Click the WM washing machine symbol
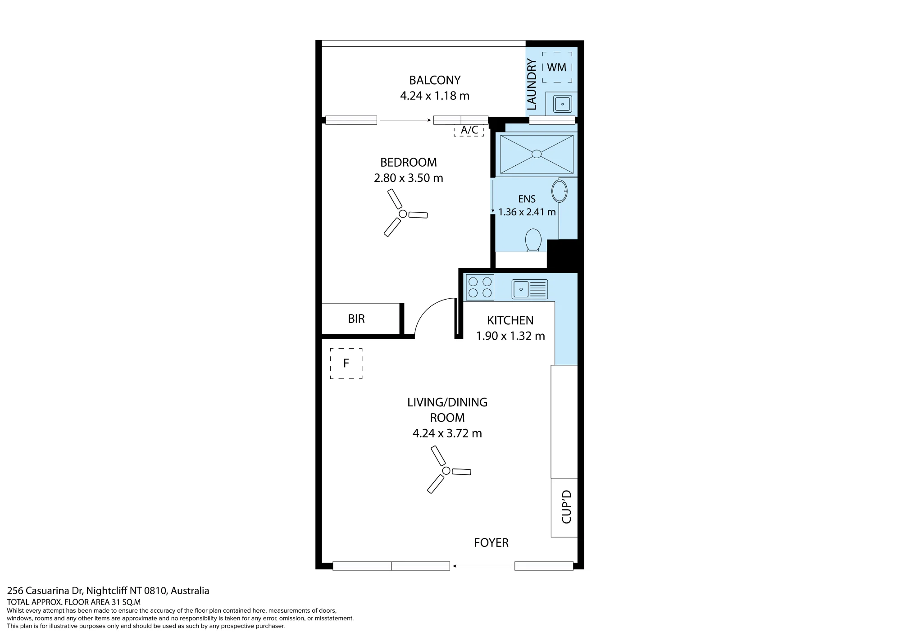557,67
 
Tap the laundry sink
562,104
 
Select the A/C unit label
469,130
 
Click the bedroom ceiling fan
403,213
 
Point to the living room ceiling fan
446,470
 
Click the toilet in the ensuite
533,240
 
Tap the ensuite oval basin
560,191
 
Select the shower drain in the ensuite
537,154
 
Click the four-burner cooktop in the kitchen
480,287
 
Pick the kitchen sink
530,289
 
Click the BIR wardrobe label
356,319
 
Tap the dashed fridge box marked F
346,363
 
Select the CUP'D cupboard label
566,507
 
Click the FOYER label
491,543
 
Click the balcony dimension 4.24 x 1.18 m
435,96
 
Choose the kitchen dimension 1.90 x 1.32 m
510,336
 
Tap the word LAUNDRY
532,85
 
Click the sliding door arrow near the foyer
482,566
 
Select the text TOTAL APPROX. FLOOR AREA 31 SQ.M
74,602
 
